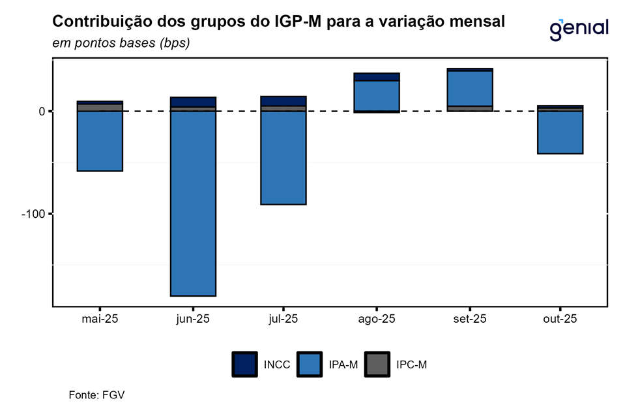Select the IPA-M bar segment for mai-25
tap(100, 141)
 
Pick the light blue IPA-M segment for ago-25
tap(376, 96)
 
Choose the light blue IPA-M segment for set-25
tap(469, 88)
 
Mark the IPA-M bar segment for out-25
tap(560, 132)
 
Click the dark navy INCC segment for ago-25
tap(376, 77)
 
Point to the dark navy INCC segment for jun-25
tap(193, 102)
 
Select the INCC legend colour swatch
tap(244, 364)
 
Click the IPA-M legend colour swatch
tap(309, 364)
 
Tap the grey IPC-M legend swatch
tap(377, 364)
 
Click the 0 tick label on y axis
tap(42, 111)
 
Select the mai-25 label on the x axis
tap(100, 319)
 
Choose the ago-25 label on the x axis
tap(376, 319)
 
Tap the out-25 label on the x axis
tap(560, 319)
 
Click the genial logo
tap(579, 28)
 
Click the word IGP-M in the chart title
tap(287, 22)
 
